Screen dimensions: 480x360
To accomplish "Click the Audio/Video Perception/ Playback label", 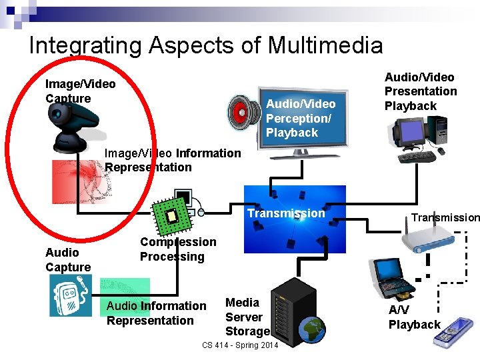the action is click(300, 118).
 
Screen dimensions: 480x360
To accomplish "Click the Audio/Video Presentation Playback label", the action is click(421, 91).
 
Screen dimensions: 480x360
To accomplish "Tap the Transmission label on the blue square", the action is click(286, 213).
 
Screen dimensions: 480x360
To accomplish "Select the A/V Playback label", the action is click(414, 317).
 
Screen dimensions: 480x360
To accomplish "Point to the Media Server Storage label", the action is click(247, 317).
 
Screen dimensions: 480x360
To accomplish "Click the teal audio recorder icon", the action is click(70, 295).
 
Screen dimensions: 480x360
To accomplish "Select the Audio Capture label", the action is click(68, 260).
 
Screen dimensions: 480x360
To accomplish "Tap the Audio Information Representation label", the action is click(157, 313).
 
